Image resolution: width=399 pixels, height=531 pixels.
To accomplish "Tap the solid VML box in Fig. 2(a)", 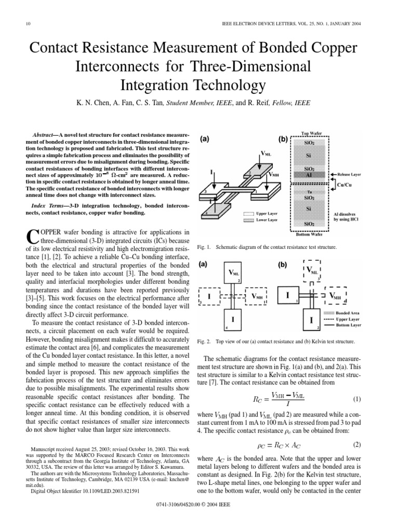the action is [233, 272].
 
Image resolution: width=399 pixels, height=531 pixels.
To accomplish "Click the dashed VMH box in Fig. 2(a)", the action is [257, 296].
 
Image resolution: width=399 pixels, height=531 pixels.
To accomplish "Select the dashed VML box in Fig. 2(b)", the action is [312, 271].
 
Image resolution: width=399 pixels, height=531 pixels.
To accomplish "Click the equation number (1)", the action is [357, 399].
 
